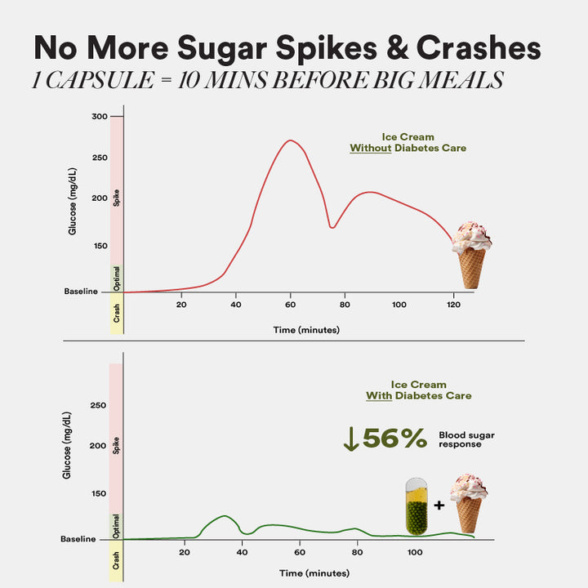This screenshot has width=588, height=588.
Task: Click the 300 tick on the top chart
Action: pos(98,117)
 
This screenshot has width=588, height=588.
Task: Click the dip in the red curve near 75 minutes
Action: pos(332,226)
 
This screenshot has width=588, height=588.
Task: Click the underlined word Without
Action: pos(372,149)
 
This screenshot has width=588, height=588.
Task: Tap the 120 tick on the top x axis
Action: pos(453,305)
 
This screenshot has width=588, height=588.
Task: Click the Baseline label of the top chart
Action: pos(81,292)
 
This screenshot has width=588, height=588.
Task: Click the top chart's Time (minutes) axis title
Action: pos(306,330)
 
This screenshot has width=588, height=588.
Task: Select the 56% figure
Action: pos(395,439)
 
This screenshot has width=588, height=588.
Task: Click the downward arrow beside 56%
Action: pos(351,439)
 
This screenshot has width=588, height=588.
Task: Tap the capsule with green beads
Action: pos(416,506)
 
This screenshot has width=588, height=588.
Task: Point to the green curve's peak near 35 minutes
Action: pos(224,516)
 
